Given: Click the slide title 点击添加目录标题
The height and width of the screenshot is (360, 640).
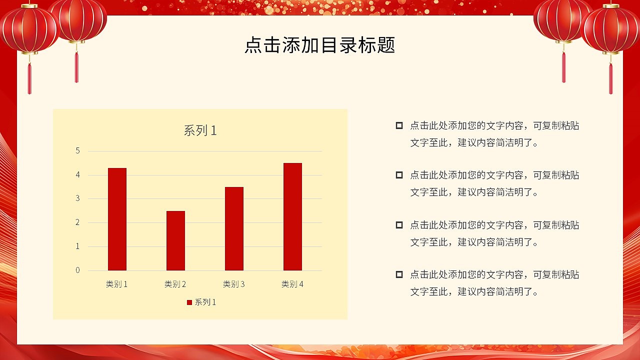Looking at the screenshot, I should [x=320, y=45].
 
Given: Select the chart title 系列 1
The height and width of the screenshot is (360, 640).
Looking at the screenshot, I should [x=200, y=131].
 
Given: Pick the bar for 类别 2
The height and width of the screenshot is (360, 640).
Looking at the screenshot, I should [x=175, y=240].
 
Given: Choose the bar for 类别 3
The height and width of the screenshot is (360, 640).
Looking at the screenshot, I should [x=234, y=228].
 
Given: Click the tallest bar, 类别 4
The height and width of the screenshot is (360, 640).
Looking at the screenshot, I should [x=292, y=216].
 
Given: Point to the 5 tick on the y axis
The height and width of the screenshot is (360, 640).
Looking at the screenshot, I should [x=77, y=150].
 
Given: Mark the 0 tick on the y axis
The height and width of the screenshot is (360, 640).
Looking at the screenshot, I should [x=77, y=270].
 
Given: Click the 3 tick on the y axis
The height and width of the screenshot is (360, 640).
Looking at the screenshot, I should [x=77, y=198].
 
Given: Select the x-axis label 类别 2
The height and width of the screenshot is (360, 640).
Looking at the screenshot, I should [x=175, y=284].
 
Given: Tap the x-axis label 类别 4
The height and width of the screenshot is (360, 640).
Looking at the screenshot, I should [x=292, y=284].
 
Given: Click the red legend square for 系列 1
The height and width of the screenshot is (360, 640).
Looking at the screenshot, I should [x=189, y=302].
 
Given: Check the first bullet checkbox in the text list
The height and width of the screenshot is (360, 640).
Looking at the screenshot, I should [x=399, y=125].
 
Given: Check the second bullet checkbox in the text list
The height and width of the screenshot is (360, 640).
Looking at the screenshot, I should [x=399, y=175].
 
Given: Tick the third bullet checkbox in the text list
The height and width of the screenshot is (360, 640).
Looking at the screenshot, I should [x=399, y=225].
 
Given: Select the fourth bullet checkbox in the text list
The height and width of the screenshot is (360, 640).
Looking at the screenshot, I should [x=399, y=274].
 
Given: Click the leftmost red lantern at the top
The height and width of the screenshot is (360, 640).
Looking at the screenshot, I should [x=29, y=29].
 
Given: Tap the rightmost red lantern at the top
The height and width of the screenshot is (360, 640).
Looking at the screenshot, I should [x=610, y=29].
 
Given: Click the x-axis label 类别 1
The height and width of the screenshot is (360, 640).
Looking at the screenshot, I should [x=117, y=284].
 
